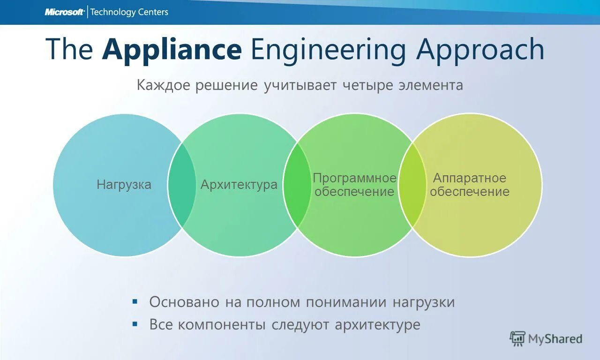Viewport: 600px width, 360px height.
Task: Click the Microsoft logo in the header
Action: click(65, 12)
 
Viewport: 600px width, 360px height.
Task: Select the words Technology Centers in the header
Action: click(129, 12)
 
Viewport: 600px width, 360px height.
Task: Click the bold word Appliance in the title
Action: click(172, 50)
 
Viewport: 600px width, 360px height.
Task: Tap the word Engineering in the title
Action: click(328, 50)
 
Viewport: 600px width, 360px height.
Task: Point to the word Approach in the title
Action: click(480, 50)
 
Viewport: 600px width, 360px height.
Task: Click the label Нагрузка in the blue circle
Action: click(124, 185)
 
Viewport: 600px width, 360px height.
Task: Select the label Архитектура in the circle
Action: click(239, 185)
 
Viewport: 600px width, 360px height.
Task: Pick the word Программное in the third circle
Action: click(355, 179)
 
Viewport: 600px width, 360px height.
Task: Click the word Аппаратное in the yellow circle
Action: click(470, 178)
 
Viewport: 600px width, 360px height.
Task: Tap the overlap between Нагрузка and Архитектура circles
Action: click(182, 185)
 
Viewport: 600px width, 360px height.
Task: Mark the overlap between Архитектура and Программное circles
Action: click(297, 185)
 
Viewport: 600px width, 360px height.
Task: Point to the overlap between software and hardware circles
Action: click(412, 185)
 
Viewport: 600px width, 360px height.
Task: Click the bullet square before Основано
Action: click(135, 301)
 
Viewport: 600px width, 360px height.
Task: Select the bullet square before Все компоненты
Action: click(135, 323)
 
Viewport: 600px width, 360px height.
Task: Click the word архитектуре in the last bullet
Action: click(377, 324)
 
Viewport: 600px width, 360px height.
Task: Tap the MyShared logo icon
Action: click(517, 338)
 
